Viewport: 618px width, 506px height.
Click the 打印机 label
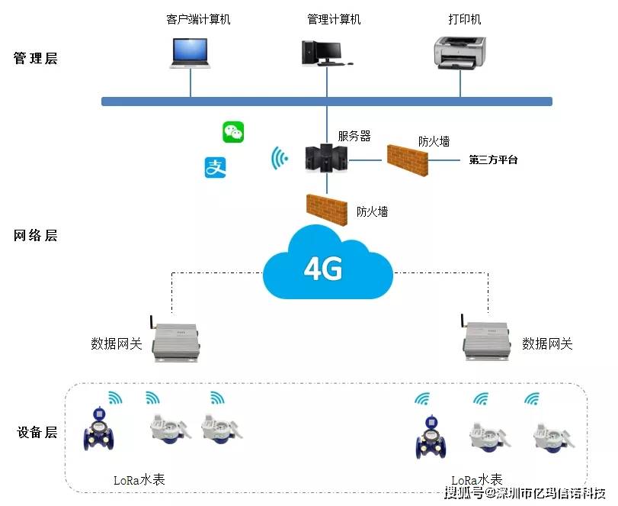pos(465,19)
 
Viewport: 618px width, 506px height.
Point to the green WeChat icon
pos(233,132)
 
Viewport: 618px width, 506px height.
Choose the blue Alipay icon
pos(216,167)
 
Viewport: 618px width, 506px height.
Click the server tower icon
pos(327,158)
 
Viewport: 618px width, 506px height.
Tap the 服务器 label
pos(354,136)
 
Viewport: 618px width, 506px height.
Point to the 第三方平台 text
pos(493,160)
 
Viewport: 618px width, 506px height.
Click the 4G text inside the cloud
pos(323,269)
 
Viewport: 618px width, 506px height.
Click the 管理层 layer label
pos(35,59)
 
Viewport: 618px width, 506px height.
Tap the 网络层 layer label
pos(35,236)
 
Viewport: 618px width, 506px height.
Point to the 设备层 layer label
pos(35,433)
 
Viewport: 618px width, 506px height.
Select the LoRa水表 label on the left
pos(139,480)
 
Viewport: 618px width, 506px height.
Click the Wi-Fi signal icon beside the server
pos(280,159)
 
